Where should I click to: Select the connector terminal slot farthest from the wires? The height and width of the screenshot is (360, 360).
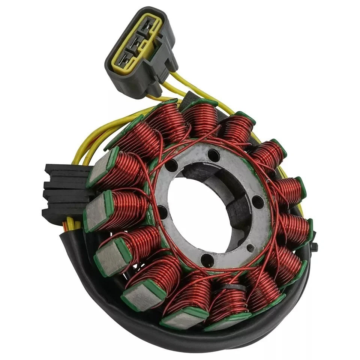pyautogui.click(x=126, y=60)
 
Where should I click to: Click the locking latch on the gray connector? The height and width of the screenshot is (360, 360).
pyautogui.click(x=165, y=56)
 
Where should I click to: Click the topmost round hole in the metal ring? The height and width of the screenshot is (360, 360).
pyautogui.click(x=214, y=154)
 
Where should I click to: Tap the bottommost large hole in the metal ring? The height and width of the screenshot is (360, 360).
pyautogui.click(x=208, y=259)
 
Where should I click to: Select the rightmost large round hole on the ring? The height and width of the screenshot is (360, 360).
pyautogui.click(x=258, y=202)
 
